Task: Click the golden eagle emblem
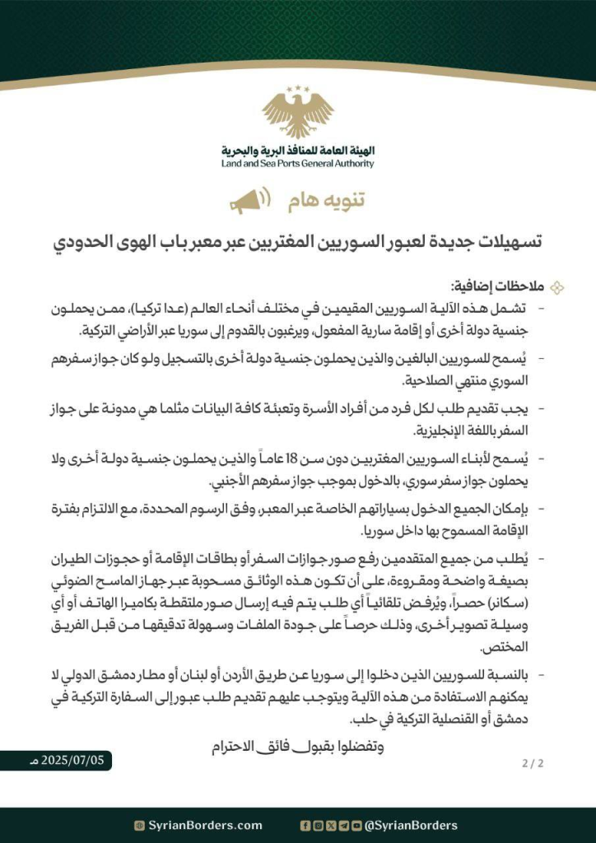(x=298, y=114)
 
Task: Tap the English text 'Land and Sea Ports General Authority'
(x=298, y=164)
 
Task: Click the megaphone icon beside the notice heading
(x=246, y=201)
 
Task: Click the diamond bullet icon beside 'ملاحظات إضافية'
(x=556, y=286)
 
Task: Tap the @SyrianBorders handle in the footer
(x=411, y=825)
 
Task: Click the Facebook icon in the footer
(x=306, y=825)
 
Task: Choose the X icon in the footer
(x=330, y=825)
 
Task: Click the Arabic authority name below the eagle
(x=298, y=151)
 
